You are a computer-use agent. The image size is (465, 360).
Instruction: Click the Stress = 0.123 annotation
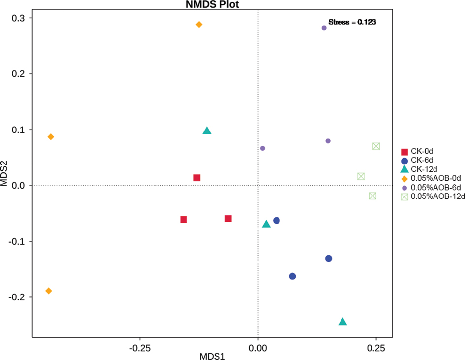tap(352, 22)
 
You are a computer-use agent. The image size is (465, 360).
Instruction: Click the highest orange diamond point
tap(199, 24)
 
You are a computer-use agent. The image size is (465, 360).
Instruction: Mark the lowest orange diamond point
tap(49, 291)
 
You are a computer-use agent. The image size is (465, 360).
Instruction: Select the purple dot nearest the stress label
tap(324, 28)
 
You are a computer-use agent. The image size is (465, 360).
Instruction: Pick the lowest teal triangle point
tap(343, 322)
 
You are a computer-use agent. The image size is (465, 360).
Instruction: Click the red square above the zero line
tap(197, 178)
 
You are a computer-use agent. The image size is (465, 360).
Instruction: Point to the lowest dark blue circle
tap(292, 276)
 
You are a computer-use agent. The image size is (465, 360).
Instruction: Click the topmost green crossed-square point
tap(376, 146)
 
